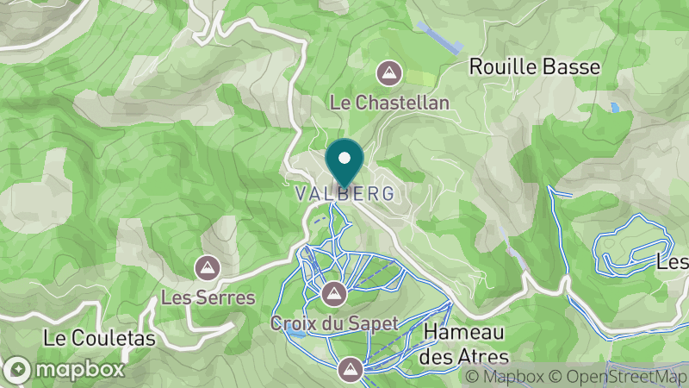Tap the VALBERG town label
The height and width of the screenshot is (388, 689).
pos(345,194)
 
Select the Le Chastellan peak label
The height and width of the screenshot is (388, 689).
pos(390,103)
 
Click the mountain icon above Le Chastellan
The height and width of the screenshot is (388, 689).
pos(390,72)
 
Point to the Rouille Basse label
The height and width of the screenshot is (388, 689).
pos(534,66)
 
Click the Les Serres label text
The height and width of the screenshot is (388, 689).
pos(208,298)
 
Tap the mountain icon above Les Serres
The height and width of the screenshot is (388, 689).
pos(207,267)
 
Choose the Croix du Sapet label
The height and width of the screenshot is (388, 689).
pos(334,324)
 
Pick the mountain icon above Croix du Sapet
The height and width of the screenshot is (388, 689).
pos(333,294)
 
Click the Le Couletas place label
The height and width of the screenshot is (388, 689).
pos(100,339)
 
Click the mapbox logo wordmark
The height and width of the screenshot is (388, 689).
pos(78,370)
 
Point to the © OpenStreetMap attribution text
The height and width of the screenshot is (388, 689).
pos(619,377)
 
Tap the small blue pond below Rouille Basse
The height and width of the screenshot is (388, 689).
pos(614,109)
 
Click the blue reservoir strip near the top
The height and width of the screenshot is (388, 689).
pos(438,37)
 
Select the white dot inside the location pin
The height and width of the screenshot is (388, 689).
pos(345,158)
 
